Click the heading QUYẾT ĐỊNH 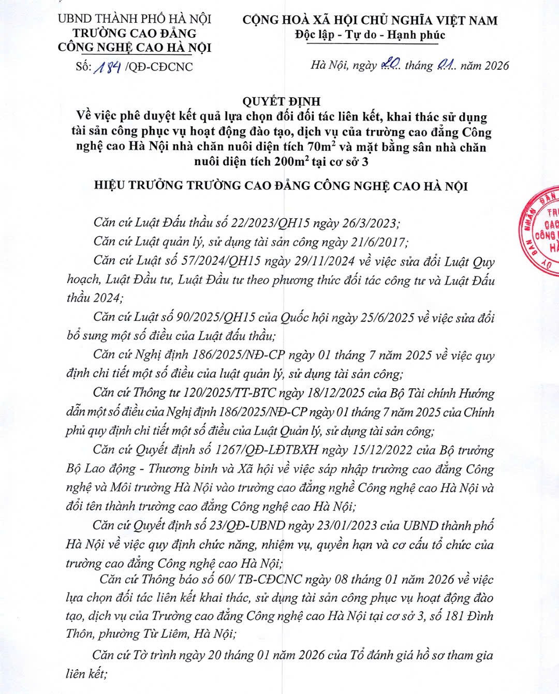[282, 101]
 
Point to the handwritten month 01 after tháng [446, 64]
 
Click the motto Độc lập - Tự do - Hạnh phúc [370, 35]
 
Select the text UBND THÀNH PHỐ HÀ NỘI [135, 19]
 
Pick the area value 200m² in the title [286, 161]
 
